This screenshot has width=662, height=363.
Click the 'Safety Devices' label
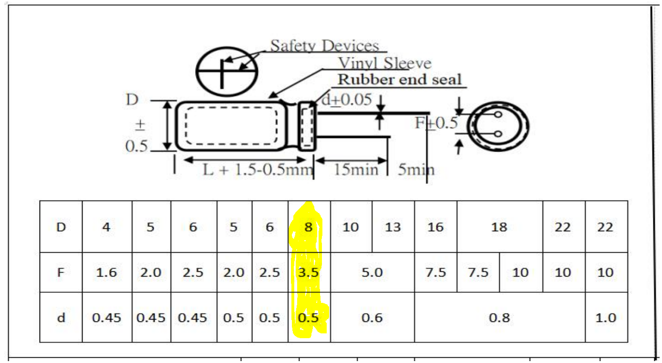(x=324, y=46)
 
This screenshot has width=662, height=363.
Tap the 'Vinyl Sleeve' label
(x=385, y=63)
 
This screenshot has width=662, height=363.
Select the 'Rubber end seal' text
(x=400, y=79)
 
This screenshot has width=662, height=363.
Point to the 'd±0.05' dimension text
(x=346, y=99)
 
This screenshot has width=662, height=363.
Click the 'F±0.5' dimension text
(x=436, y=123)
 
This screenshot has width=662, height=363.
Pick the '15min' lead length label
(x=356, y=170)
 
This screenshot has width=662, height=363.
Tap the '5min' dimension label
(x=416, y=170)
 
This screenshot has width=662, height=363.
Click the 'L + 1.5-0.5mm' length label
(x=258, y=170)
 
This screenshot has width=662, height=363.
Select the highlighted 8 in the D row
(x=308, y=227)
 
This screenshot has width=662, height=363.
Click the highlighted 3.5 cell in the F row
(x=308, y=272)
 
